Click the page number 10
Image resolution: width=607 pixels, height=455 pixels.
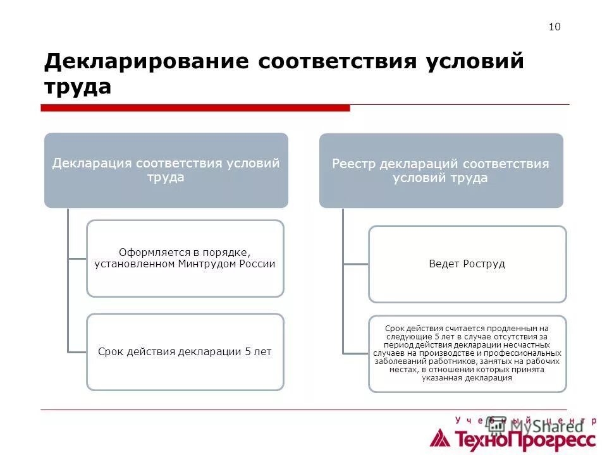(x=555, y=27)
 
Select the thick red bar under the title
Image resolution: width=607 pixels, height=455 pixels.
(x=195, y=108)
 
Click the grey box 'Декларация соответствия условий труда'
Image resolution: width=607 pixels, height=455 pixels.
(x=166, y=170)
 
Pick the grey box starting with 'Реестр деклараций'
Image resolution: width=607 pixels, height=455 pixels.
(x=441, y=171)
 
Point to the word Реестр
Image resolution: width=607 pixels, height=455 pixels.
(x=354, y=164)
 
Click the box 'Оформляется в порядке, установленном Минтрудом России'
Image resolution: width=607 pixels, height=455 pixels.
(x=185, y=258)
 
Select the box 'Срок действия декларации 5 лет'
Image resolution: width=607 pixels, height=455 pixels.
(x=185, y=352)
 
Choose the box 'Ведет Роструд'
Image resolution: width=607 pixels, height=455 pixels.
(x=467, y=264)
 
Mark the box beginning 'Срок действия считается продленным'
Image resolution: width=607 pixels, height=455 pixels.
(x=467, y=354)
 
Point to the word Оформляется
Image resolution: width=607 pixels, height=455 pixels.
(x=150, y=253)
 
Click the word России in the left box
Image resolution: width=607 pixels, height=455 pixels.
(x=257, y=264)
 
